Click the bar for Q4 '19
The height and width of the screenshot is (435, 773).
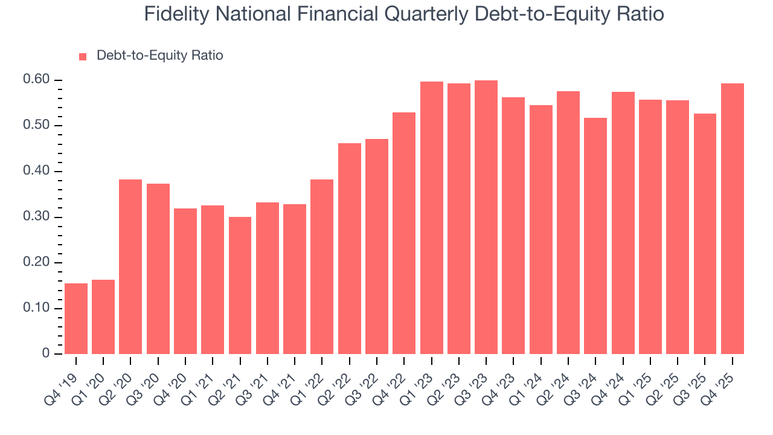pos(76,318)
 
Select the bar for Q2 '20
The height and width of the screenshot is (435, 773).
pos(130,266)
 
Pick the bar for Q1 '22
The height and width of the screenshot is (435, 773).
pos(322,266)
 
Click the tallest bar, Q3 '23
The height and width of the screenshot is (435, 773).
pos(486,217)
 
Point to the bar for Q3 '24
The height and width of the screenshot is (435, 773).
pos(595,236)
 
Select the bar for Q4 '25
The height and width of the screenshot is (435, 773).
pos(733,219)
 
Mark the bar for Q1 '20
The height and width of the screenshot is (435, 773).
pos(103,317)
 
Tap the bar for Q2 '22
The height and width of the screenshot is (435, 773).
pos(350,248)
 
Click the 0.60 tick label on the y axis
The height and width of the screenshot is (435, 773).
pos(36,80)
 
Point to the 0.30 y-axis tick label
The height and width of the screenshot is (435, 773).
pos(36,217)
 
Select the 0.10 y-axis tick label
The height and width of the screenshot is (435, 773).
pos(36,309)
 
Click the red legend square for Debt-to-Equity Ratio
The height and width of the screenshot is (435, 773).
pos(83,56)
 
